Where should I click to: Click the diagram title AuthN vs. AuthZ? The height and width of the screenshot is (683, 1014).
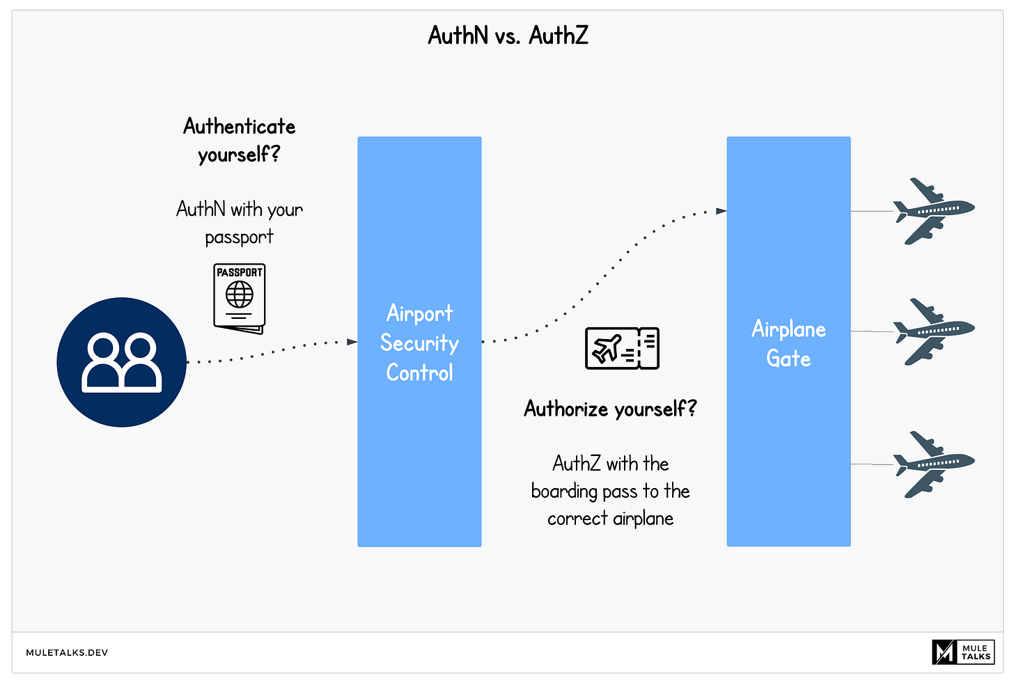[x=508, y=35]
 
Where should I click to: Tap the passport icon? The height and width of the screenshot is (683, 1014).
[x=239, y=298]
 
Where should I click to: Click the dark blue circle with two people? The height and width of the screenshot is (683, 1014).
[x=122, y=362]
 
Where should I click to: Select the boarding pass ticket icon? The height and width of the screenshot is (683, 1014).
[x=622, y=348]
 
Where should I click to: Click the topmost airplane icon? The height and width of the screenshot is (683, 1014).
[x=933, y=211]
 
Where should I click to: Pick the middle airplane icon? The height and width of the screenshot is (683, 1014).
[x=933, y=332]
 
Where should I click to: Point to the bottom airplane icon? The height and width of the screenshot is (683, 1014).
[x=933, y=464]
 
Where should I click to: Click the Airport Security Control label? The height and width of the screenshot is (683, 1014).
[x=419, y=343]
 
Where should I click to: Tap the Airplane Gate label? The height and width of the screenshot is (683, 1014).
[x=788, y=343]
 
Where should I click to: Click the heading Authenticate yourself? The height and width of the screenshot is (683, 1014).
[x=239, y=140]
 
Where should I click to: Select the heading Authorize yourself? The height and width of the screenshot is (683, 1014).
[x=610, y=409]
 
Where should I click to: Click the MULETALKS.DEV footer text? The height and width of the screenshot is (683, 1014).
[x=67, y=653]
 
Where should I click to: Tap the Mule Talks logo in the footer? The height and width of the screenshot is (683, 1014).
[x=963, y=652]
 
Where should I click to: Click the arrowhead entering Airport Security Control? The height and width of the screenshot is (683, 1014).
[x=352, y=342]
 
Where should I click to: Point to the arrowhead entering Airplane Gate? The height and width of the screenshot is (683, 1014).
[x=721, y=210]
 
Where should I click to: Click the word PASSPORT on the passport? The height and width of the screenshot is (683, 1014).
[x=239, y=272]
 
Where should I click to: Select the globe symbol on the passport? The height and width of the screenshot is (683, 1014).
[x=239, y=295]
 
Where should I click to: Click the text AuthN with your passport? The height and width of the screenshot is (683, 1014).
[x=239, y=223]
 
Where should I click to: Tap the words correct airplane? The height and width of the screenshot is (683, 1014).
[x=610, y=519]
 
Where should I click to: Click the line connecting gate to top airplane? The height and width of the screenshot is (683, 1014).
[x=871, y=211]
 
